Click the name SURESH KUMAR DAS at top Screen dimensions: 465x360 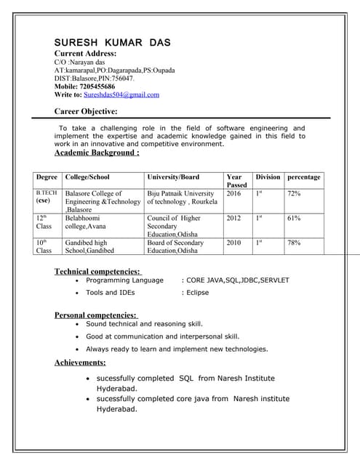113,42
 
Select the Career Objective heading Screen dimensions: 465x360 86,111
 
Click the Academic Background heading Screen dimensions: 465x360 97,153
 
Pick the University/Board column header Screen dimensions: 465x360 173,177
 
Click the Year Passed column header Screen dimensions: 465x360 235,181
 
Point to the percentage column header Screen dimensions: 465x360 303,177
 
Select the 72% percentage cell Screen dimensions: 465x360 294,194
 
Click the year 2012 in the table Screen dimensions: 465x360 233,218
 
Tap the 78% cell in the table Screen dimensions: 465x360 294,243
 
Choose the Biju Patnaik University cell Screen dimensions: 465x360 180,198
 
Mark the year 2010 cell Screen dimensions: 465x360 233,243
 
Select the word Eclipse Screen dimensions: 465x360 197,293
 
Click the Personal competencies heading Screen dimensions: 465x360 96,315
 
